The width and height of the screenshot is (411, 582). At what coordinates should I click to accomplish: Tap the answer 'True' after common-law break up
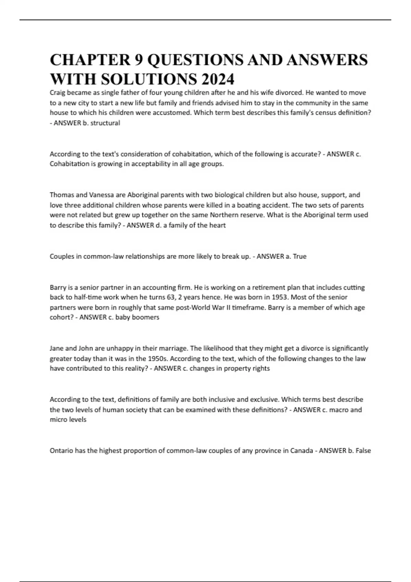[x=300, y=256]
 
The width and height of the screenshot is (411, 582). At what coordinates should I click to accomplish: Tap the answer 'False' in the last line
[x=363, y=451]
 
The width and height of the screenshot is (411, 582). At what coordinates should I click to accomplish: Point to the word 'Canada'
[x=301, y=451]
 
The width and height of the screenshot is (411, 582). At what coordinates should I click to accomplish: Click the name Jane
[x=57, y=348]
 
